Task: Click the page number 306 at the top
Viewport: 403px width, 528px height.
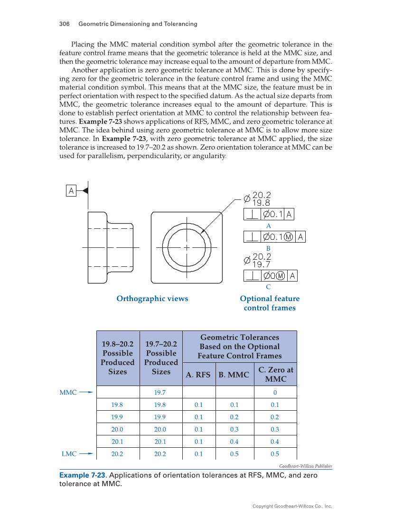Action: coord(65,24)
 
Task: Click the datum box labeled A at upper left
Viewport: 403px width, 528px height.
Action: coord(71,191)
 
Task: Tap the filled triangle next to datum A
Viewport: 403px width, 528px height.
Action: coord(85,191)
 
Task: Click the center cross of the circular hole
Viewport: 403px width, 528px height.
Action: coord(187,247)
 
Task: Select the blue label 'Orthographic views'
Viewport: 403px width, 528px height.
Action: coord(152,299)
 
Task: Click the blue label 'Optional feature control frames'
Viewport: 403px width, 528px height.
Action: coord(270,303)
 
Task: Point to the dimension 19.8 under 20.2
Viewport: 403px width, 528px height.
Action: coord(261,203)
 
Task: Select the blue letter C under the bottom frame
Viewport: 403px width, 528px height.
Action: coord(268,287)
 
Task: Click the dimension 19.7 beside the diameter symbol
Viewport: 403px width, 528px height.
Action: coord(261,264)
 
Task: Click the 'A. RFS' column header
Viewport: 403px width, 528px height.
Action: coord(198,375)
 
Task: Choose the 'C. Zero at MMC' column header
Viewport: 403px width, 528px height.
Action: coord(275,374)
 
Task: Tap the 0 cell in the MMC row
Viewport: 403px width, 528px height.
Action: coord(275,393)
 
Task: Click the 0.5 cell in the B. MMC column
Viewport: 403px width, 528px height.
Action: coord(234,454)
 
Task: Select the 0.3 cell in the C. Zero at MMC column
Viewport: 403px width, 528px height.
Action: coord(275,429)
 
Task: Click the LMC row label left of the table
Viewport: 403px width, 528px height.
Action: coord(69,454)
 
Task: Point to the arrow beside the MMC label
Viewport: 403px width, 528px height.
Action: coord(86,393)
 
